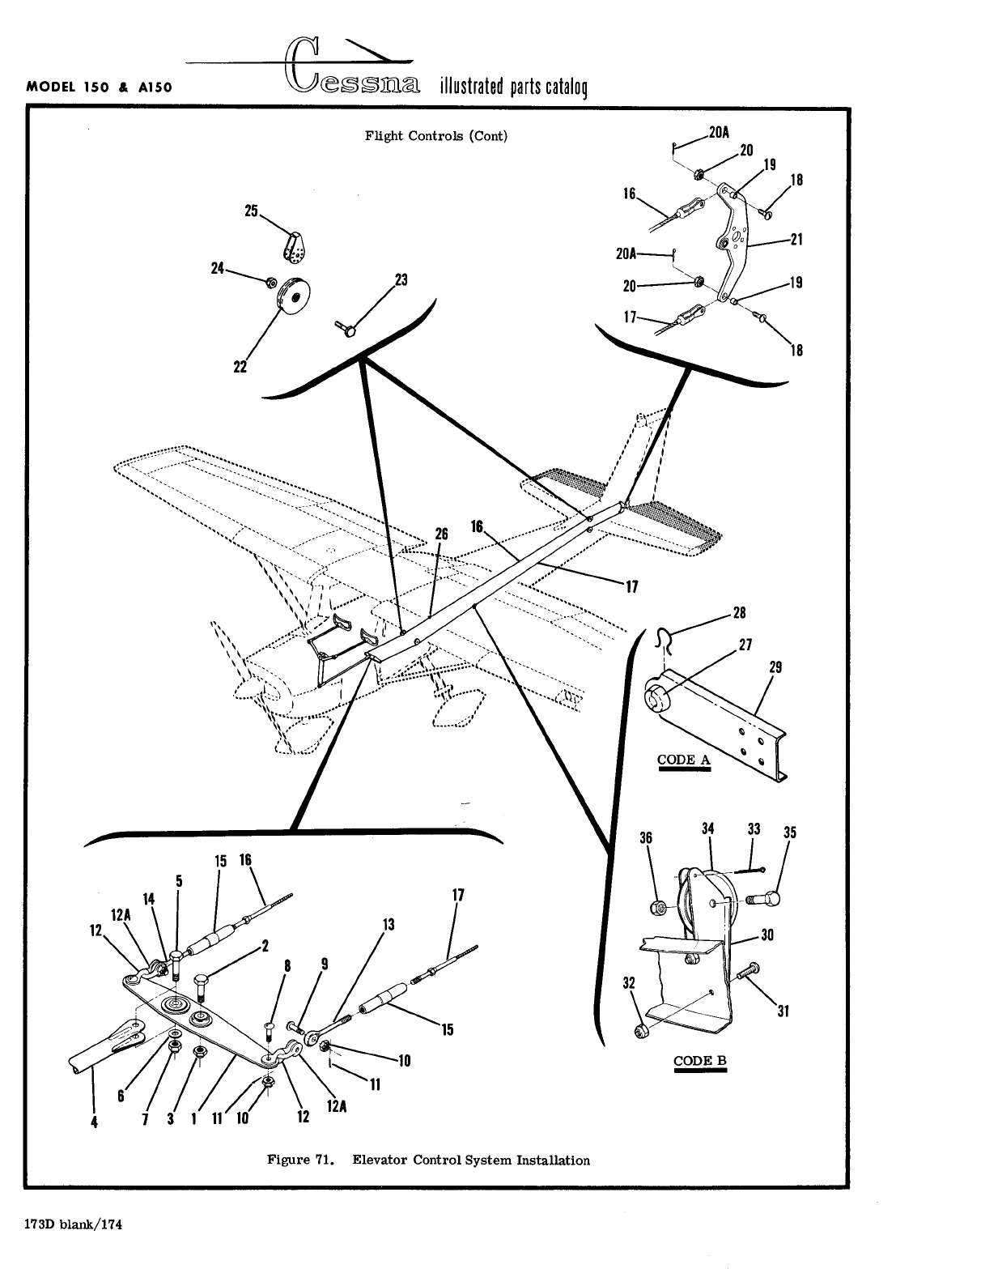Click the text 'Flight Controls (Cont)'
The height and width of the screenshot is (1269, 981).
(x=436, y=136)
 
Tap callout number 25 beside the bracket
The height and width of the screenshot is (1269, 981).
(x=251, y=211)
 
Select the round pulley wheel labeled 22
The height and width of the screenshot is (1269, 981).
(x=294, y=296)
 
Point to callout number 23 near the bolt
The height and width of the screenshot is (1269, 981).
(x=400, y=280)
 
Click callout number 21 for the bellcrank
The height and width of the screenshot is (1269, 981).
(x=796, y=240)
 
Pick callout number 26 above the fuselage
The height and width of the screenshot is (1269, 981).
(x=441, y=534)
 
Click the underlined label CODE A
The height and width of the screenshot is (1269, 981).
(x=684, y=760)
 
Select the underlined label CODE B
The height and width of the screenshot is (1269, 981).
(x=700, y=1061)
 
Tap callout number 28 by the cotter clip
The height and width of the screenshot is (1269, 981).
(x=739, y=612)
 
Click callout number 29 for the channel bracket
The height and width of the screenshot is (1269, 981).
(x=775, y=667)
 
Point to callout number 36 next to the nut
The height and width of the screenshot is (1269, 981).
(x=646, y=838)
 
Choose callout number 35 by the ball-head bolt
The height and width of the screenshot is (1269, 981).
(x=790, y=833)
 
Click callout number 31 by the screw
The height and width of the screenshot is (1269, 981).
(x=782, y=1011)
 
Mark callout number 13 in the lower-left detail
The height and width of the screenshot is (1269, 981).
(x=388, y=924)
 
